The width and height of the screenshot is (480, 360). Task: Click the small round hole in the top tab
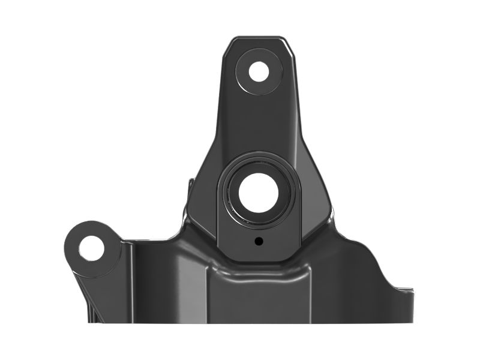(x=259, y=71)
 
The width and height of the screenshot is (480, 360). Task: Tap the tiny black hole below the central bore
(x=258, y=241)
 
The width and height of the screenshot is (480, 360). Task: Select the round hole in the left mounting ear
(x=91, y=248)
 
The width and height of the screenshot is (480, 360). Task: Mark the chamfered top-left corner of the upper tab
(x=229, y=43)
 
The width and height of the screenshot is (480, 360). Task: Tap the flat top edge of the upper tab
(x=259, y=37)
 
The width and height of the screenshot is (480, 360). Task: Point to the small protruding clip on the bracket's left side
(x=190, y=184)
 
